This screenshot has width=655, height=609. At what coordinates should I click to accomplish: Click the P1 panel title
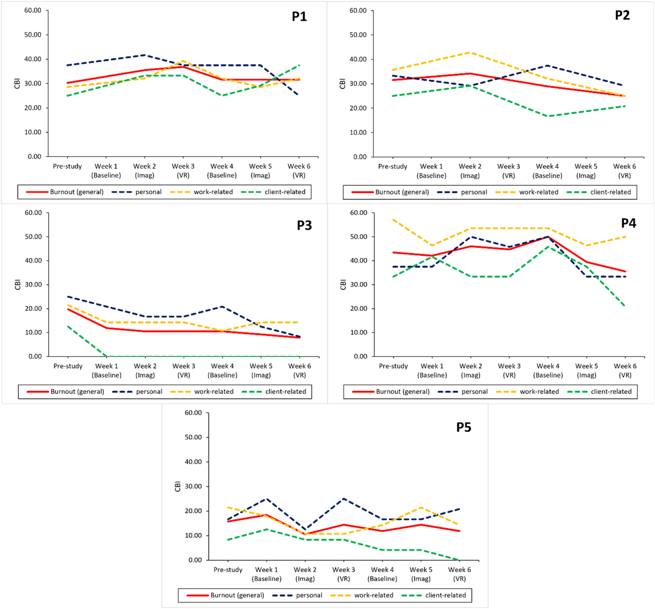coord(299,16)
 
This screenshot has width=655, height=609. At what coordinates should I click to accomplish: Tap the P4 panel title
coord(628,223)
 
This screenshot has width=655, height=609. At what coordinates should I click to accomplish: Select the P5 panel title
coord(463,427)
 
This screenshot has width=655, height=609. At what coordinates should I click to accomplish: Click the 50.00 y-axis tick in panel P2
coord(358,35)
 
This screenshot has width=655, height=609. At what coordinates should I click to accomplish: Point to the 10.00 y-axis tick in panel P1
coord(33,132)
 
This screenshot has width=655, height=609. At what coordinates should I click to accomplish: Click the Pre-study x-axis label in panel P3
coord(68,366)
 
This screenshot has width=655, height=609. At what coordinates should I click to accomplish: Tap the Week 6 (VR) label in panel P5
coord(459,574)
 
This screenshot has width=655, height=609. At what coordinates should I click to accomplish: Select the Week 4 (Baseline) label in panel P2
coord(547,171)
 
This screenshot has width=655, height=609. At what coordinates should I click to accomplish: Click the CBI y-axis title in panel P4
coord(343,285)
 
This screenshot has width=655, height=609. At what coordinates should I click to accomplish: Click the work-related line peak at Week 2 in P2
coord(470,52)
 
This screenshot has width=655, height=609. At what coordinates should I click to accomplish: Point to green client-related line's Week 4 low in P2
coord(547,116)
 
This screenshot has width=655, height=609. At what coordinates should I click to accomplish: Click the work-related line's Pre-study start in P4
coord(393,219)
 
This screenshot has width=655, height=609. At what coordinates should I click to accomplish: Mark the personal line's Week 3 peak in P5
coord(344,498)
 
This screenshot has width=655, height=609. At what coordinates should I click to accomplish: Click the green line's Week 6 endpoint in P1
coord(299,65)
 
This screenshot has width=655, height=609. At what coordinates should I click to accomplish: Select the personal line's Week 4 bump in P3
coord(222,307)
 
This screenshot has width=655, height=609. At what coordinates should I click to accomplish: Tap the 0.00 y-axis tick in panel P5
coord(195,560)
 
